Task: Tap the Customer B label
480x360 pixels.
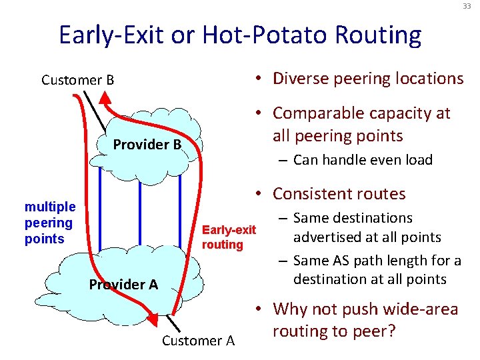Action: tap(77, 80)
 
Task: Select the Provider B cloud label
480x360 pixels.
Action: tap(147, 144)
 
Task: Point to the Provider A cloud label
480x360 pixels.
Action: tap(123, 285)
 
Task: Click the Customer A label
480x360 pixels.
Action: tap(198, 341)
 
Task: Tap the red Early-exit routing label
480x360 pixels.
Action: tap(229, 237)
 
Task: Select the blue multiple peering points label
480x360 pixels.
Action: tap(50, 223)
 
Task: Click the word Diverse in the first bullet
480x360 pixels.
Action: tap(299, 79)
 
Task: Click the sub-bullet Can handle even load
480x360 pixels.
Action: tap(363, 160)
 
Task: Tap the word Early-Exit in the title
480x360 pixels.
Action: tap(113, 35)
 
